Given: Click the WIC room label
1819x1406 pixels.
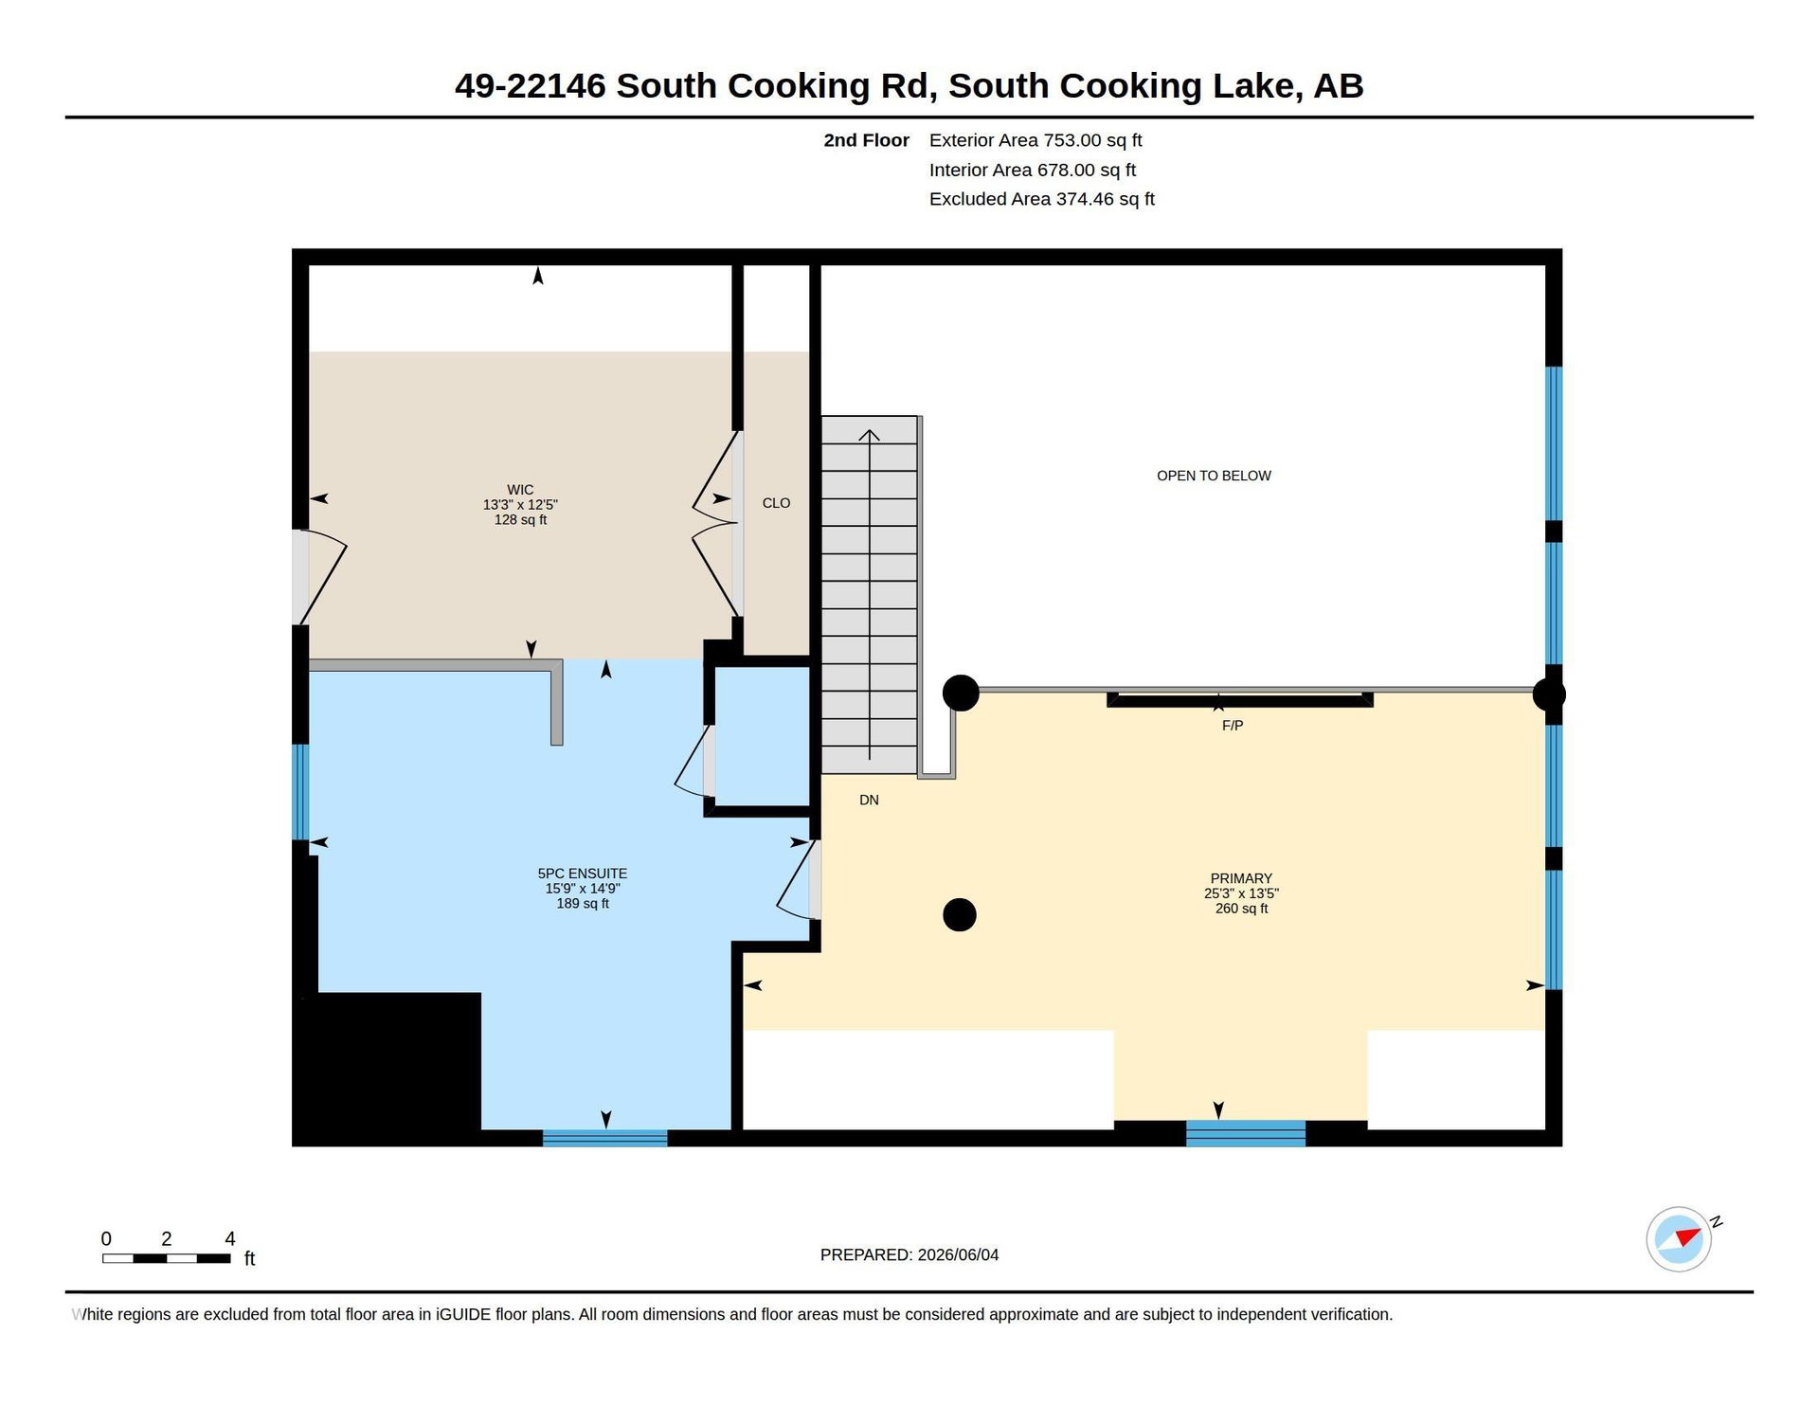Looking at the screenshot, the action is point(520,490).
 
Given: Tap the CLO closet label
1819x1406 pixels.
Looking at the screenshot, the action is point(776,503).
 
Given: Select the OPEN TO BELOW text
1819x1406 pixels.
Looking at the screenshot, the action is point(1214,476).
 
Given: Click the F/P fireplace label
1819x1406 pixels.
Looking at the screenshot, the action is point(1233,726).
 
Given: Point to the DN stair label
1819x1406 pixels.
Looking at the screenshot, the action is point(869,801).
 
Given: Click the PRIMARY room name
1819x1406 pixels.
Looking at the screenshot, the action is point(1241,878).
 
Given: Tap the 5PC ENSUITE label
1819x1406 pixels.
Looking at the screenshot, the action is point(583,874).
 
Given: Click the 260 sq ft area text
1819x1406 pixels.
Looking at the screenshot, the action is point(1241,909).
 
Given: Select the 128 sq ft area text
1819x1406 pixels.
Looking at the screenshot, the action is point(520,520).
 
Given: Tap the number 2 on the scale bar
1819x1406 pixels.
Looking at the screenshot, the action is point(167,1238).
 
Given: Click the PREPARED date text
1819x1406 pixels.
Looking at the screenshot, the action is point(909,1254).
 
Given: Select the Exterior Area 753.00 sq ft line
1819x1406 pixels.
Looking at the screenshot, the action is point(1036,140).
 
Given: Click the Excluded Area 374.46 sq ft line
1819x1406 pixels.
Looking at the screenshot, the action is point(1042,199).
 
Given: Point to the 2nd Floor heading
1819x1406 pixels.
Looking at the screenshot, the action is point(866,140).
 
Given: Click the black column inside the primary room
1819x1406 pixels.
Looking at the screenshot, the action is point(960,915).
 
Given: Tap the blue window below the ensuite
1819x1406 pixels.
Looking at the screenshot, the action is point(604,1138).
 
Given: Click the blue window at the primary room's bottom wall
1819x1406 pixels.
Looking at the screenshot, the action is point(1246,1133).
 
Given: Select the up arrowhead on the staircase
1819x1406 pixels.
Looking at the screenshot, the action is point(869,436).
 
